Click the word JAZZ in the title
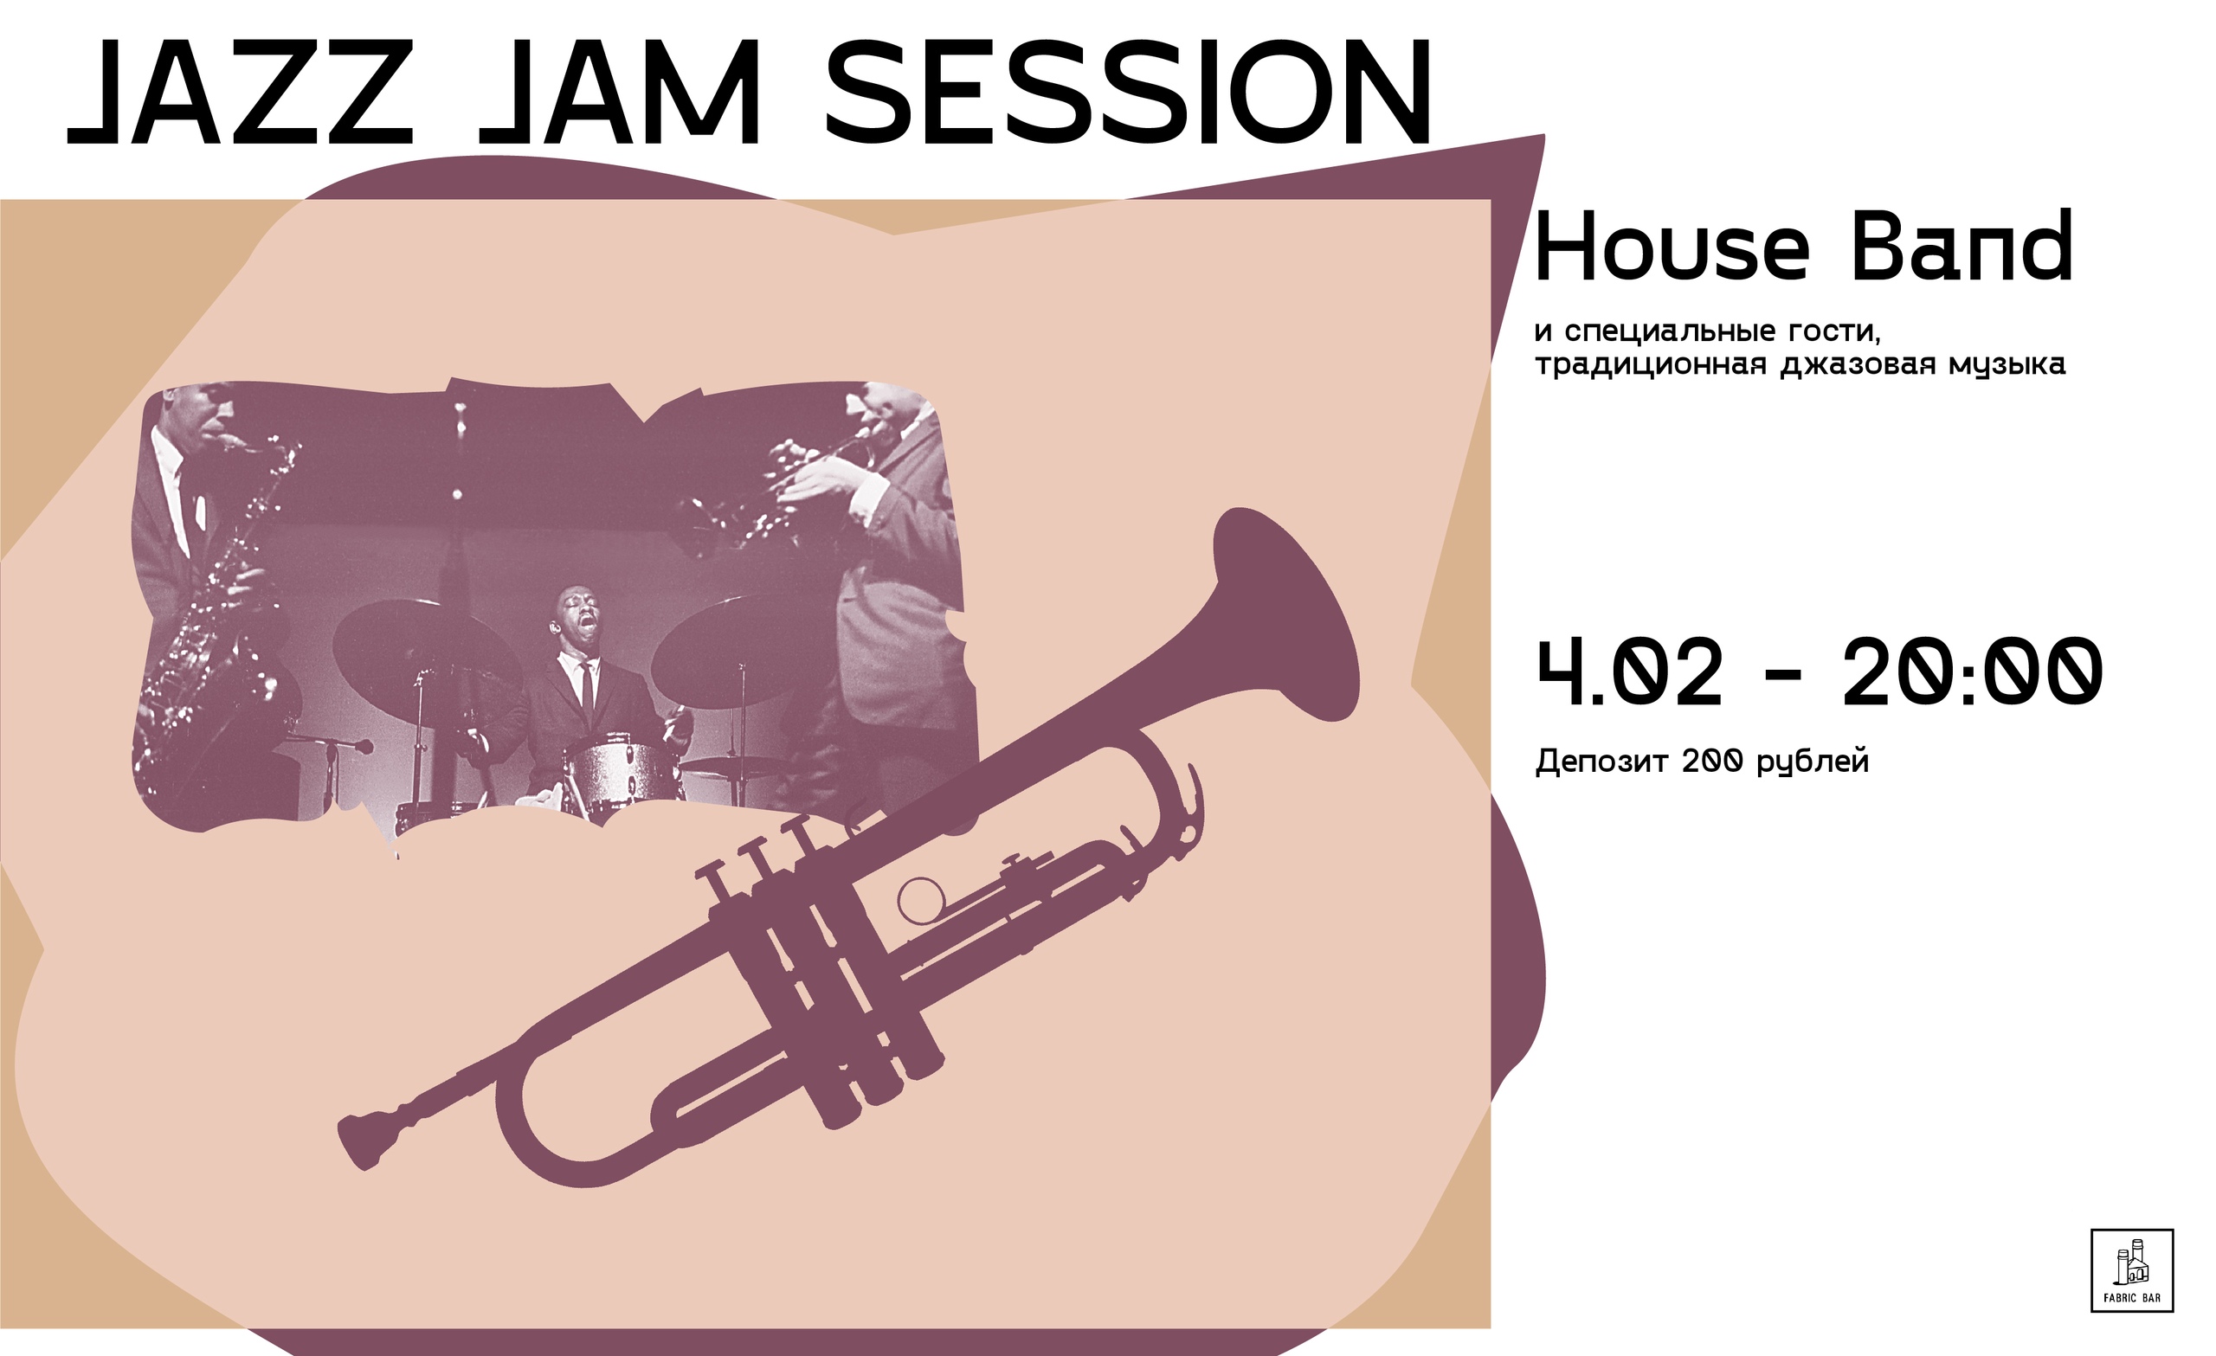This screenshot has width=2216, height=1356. [x=240, y=93]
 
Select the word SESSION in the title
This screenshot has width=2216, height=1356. [x=1127, y=93]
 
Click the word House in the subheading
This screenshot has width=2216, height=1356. [x=1672, y=246]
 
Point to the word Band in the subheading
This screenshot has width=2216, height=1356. [x=1962, y=246]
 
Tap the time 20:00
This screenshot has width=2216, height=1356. [x=1972, y=672]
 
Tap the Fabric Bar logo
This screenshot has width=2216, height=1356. [x=2132, y=1270]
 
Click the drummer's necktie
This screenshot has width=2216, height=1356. [x=586, y=686]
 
